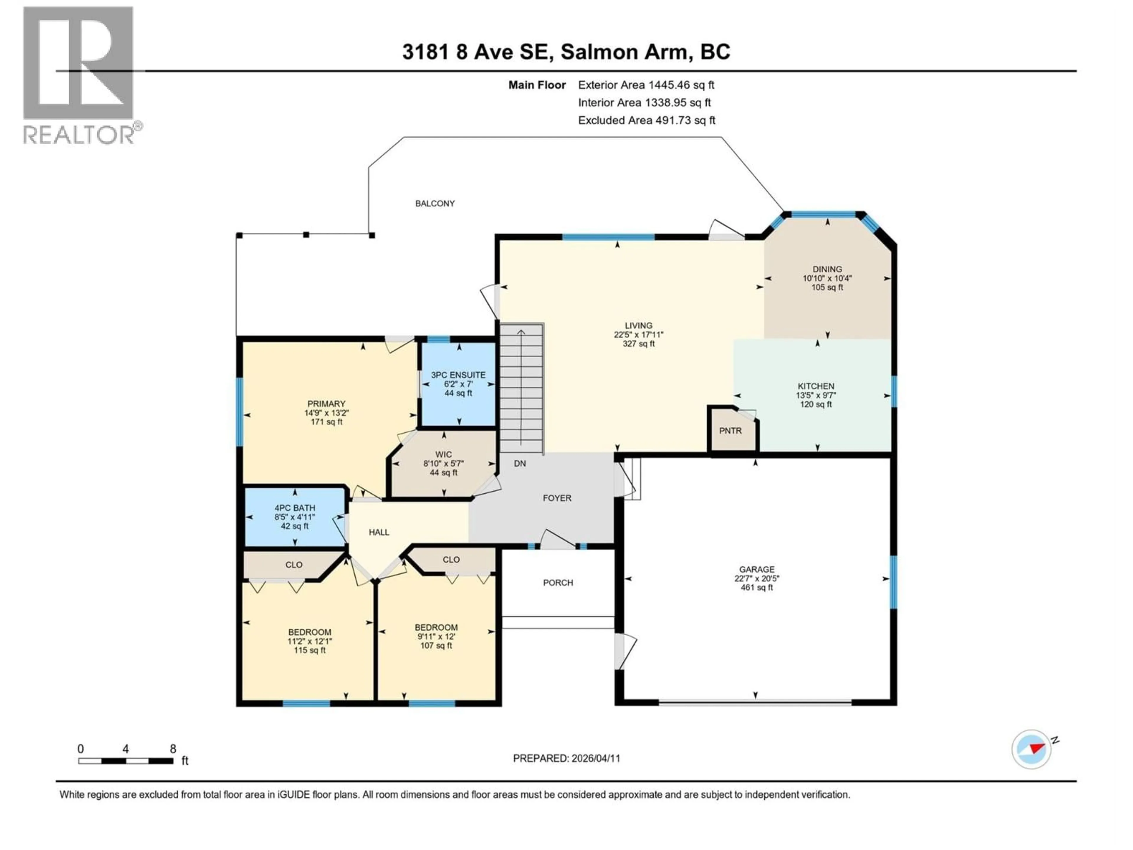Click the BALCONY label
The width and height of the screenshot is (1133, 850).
click(435, 203)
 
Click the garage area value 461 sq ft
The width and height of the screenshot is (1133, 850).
click(757, 588)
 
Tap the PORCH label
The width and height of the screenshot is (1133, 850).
click(558, 583)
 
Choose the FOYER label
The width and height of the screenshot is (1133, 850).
click(557, 498)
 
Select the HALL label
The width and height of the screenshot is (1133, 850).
click(379, 532)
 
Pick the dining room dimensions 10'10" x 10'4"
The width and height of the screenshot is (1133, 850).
click(827, 278)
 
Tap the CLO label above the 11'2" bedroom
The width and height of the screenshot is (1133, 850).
click(294, 565)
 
